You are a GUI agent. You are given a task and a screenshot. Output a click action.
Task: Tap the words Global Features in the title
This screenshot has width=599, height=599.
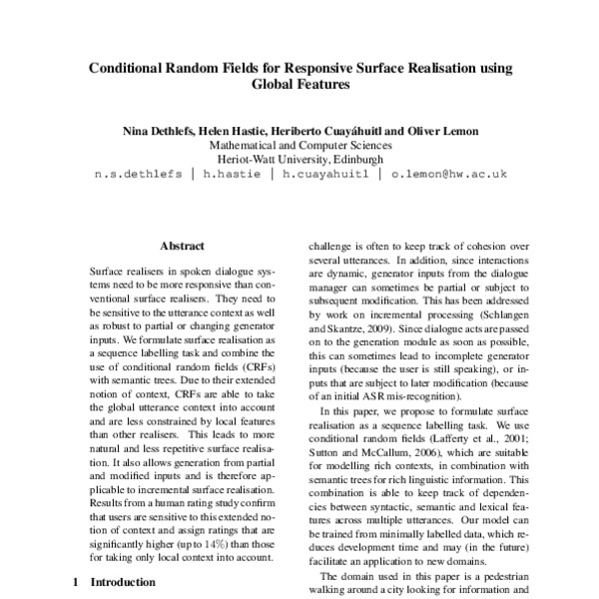click(299, 87)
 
